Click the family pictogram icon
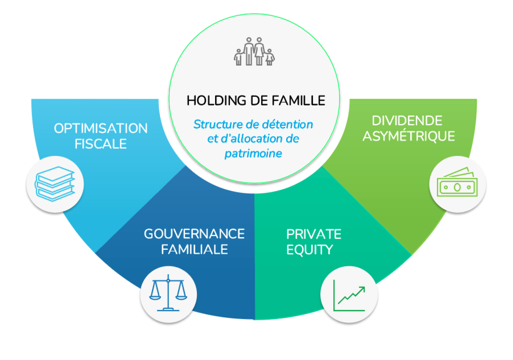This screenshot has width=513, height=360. (254, 52)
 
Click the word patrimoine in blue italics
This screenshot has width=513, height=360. (253, 153)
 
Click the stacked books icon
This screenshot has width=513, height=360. (55, 184)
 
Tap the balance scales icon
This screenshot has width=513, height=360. (168, 294)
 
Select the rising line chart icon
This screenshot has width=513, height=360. (349, 295)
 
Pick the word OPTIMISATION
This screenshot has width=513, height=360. (101, 128)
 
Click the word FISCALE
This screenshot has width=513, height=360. (101, 144)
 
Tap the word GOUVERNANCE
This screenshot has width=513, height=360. (194, 234)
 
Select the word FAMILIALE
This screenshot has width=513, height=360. (194, 249)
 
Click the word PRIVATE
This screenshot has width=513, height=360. (314, 234)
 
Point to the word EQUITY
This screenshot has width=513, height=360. (310, 250)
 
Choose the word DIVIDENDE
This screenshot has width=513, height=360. (407, 121)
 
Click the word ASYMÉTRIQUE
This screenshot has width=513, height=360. (409, 136)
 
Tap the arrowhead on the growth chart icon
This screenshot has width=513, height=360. (362, 290)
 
